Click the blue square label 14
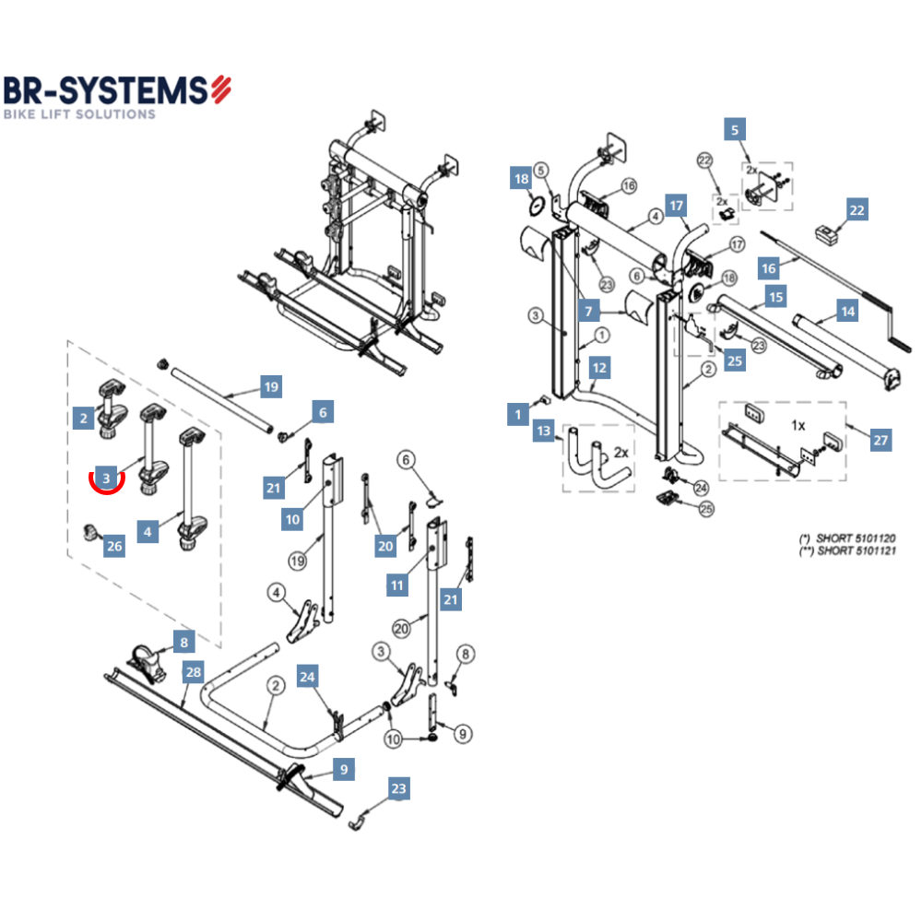click(x=847, y=312)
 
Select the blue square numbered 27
click(x=881, y=441)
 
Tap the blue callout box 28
click(x=193, y=672)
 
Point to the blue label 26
click(x=113, y=546)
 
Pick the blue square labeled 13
click(x=544, y=431)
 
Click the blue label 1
click(x=518, y=415)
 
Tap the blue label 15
click(x=776, y=298)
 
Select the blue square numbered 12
click(x=600, y=368)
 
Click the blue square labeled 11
click(x=397, y=585)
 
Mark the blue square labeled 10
click(x=292, y=519)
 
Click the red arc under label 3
click(x=107, y=488)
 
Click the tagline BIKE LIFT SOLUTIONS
click(x=78, y=114)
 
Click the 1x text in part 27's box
click(x=798, y=426)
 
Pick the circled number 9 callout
click(x=463, y=734)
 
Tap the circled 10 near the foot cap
click(x=393, y=739)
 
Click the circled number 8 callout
click(x=467, y=655)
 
